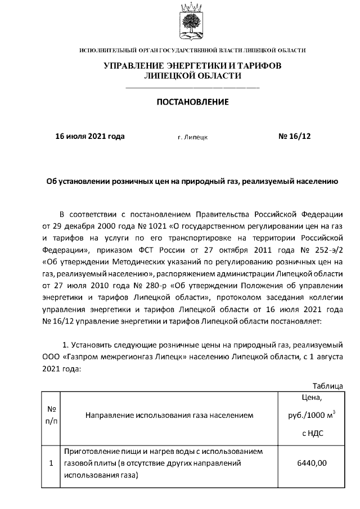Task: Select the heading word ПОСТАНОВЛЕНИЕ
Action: pyautogui.click(x=192, y=102)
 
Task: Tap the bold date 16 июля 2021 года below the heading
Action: pyautogui.click(x=89, y=136)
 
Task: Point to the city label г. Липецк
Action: pyautogui.click(x=192, y=137)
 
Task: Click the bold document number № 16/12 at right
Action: pyautogui.click(x=294, y=136)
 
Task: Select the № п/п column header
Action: pyautogui.click(x=51, y=416)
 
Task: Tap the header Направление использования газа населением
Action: pyautogui.click(x=169, y=416)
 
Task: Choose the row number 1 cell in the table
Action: pyautogui.click(x=51, y=463)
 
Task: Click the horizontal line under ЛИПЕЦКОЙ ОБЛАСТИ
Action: pyautogui.click(x=192, y=88)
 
